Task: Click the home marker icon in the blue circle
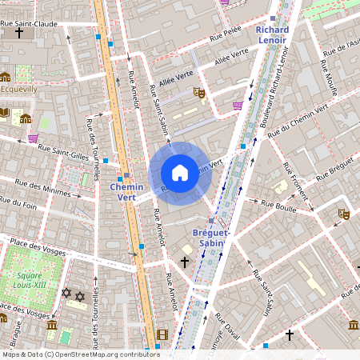180,173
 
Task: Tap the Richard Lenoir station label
272,34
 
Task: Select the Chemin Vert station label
126,192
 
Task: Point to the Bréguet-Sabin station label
211,238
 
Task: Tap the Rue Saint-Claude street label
30,24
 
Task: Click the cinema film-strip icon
162,334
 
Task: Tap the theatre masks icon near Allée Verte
199,93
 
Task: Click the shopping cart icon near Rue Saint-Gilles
33,138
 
